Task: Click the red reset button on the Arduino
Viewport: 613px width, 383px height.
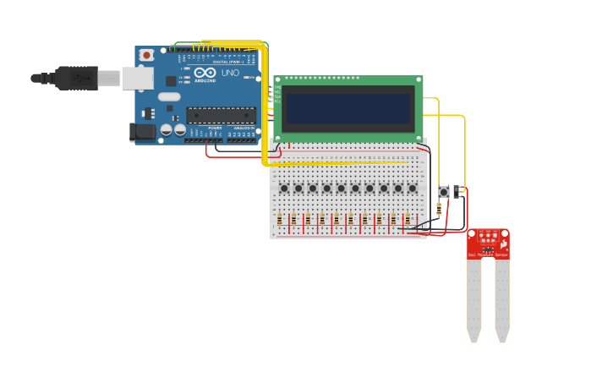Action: coord(146,55)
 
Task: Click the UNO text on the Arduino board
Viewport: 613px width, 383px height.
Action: coord(230,73)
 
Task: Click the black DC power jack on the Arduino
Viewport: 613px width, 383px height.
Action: coord(140,131)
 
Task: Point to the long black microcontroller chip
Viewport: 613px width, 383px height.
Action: coord(221,115)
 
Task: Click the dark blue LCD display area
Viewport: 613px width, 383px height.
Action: coord(348,108)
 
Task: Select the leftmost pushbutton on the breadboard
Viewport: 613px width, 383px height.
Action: coord(284,188)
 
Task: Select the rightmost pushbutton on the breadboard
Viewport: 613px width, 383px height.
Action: coord(413,188)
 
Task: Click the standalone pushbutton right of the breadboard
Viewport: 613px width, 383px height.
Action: coord(443,192)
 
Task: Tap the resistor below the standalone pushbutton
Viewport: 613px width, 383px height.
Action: coord(439,208)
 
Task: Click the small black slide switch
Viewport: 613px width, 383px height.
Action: coord(457,192)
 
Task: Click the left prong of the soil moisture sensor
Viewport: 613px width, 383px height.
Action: coord(473,296)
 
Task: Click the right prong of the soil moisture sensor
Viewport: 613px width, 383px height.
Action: coord(502,296)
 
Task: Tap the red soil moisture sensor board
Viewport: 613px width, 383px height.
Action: coord(489,243)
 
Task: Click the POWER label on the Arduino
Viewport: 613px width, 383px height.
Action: coord(215,128)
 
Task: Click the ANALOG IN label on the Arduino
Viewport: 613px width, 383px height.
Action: coord(242,128)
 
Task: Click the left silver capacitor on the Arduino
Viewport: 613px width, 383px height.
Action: coord(167,130)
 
